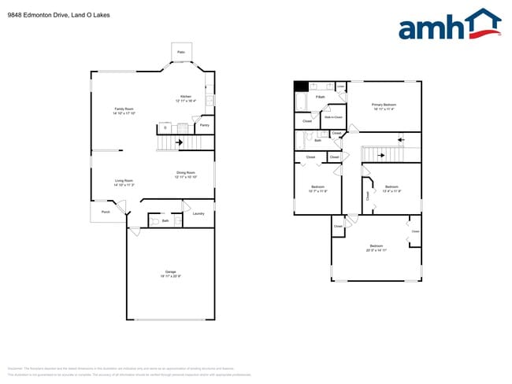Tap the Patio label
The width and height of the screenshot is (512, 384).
point(180,52)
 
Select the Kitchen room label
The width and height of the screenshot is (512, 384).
point(186,97)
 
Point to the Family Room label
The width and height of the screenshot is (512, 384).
point(124,109)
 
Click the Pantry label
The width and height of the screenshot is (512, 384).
point(204,125)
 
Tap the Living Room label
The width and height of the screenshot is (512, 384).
point(124,180)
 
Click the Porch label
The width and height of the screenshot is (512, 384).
point(105,211)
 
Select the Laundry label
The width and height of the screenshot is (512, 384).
point(198,213)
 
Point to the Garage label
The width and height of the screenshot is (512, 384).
point(170,271)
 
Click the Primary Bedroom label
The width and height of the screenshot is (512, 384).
point(384,105)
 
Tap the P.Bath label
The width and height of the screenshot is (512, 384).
point(321,97)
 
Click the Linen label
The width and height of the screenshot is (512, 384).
point(339,86)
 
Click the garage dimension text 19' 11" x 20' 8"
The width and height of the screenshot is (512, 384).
point(171,276)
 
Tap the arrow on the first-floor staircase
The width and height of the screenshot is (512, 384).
point(179,142)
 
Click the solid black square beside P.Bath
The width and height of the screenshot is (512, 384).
point(300,87)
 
